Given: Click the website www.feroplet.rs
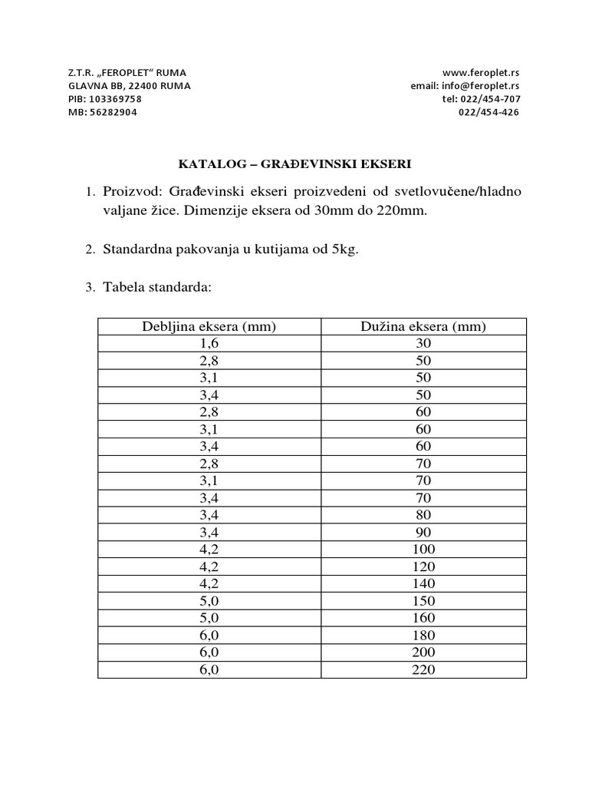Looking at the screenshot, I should [x=481, y=72].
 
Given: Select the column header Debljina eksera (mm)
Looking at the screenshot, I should [x=209, y=327].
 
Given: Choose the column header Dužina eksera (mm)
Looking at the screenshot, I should [x=423, y=327].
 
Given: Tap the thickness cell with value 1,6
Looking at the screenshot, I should [x=209, y=344].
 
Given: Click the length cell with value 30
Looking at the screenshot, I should [x=423, y=344].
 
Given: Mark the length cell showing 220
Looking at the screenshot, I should [x=423, y=669].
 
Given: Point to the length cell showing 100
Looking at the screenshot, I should [x=423, y=550].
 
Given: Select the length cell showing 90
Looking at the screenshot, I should [x=423, y=532].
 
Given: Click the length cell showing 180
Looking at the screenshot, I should [x=423, y=636].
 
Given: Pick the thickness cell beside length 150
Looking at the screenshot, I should [x=209, y=601].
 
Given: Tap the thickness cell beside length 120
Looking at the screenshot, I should [x=209, y=566].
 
